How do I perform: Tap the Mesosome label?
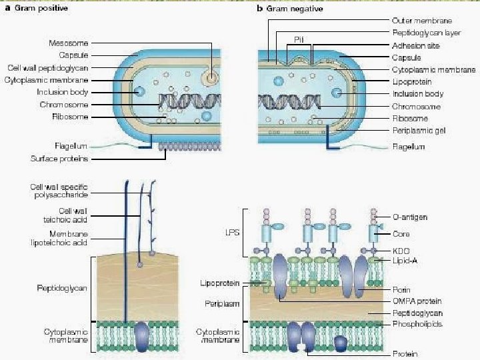pyautogui.click(x=69, y=43)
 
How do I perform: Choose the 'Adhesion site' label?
pyautogui.click(x=413, y=45)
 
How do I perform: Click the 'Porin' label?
pyautogui.click(x=401, y=290)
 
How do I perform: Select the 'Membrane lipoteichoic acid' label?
pyautogui.click(x=60, y=239)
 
